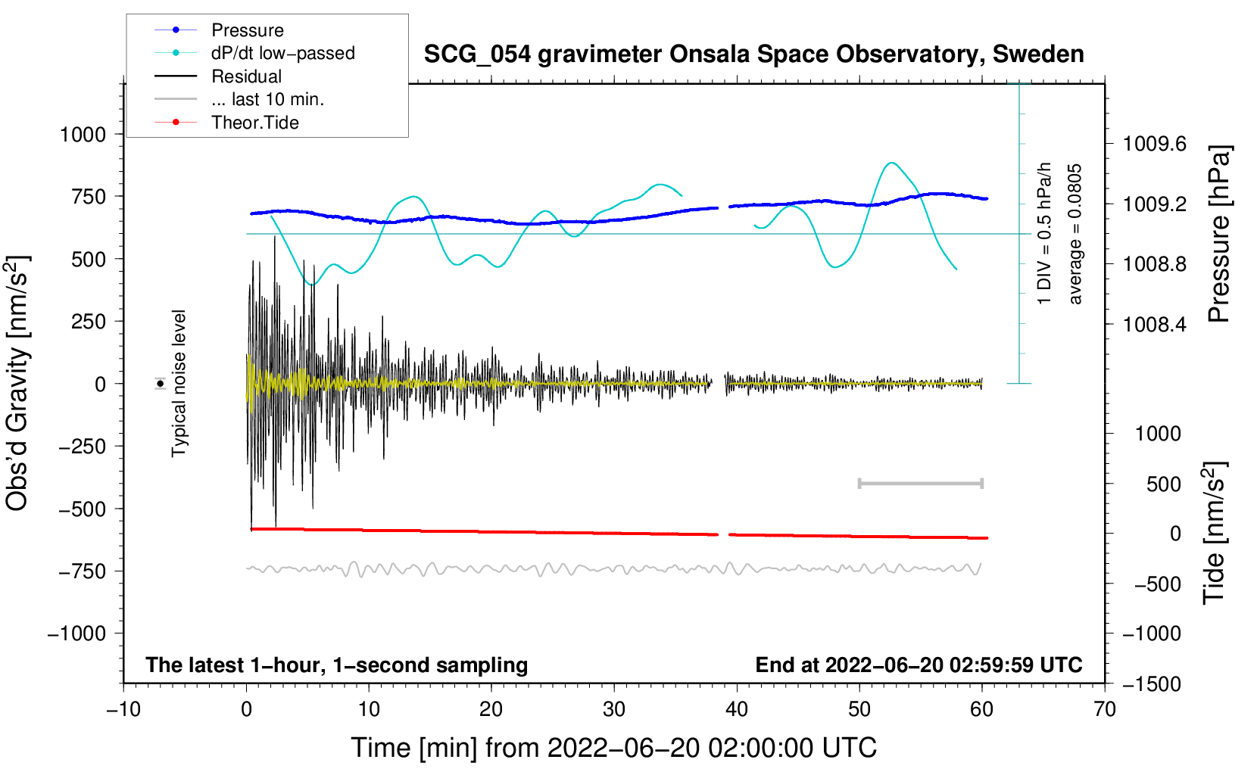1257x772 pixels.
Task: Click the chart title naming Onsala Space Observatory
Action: (753, 54)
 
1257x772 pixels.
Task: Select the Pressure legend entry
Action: (247, 30)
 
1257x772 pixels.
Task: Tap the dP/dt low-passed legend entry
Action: (282, 53)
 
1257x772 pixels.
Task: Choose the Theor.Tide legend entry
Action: (254, 123)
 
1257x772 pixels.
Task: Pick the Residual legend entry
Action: (246, 76)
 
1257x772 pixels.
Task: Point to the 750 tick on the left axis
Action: (88, 196)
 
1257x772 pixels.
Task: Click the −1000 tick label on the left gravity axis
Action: (76, 633)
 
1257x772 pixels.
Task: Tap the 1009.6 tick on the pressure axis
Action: (1154, 144)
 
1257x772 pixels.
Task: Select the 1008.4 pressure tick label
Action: (1154, 325)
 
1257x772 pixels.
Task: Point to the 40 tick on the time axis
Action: (736, 709)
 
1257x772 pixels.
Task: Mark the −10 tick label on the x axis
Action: (123, 709)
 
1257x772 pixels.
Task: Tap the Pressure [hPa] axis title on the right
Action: (1218, 234)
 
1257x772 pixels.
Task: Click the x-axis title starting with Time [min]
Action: (613, 748)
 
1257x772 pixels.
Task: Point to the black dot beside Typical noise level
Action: (161, 384)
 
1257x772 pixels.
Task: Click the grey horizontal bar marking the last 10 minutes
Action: (920, 483)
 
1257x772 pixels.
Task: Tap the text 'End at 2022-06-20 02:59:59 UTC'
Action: (919, 665)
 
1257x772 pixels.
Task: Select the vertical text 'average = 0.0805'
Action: (1075, 235)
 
